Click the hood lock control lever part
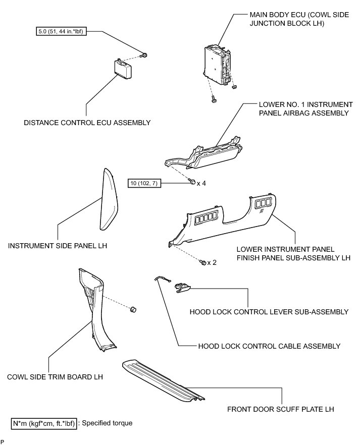click(183, 287)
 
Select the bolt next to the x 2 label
click(202, 262)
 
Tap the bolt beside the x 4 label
click(193, 182)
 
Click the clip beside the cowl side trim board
click(134, 309)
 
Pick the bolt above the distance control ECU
click(144, 54)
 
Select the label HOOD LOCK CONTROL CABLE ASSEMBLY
click(269, 346)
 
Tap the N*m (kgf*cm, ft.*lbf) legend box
click(43, 423)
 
